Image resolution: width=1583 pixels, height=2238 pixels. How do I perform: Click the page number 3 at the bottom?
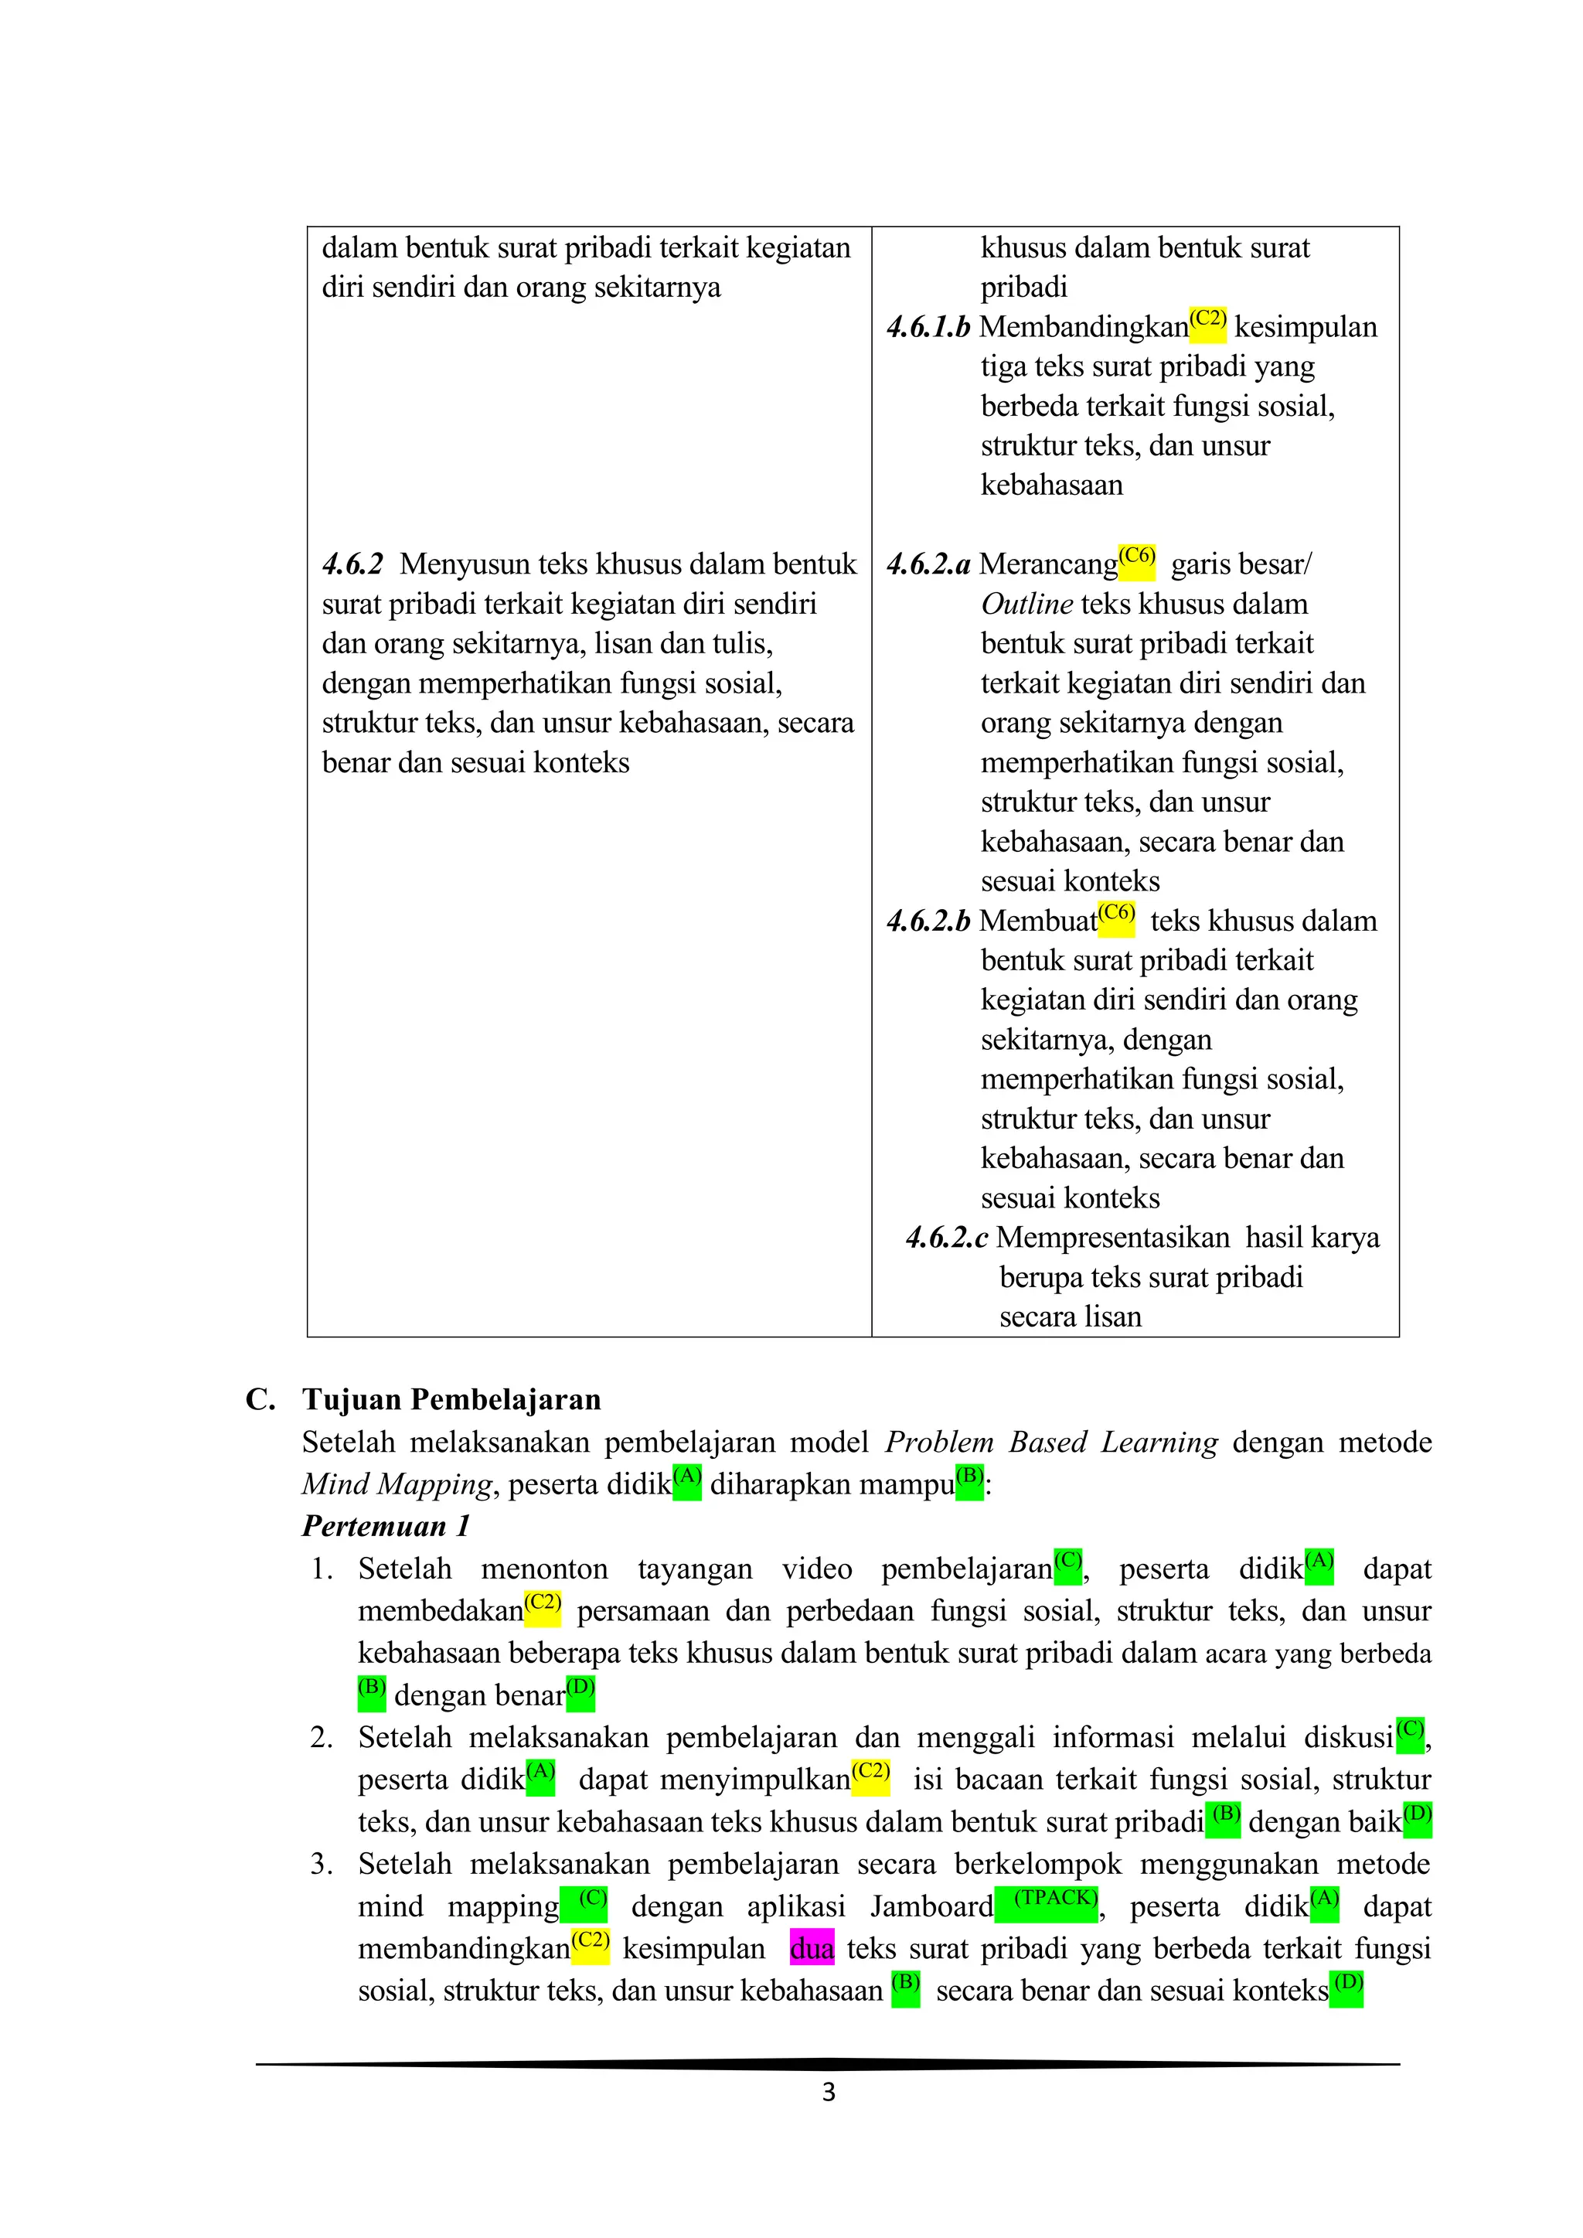point(828,2092)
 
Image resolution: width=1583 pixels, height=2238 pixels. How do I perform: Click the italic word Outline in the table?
point(1026,605)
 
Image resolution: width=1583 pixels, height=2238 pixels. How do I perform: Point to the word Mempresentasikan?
point(1112,1238)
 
